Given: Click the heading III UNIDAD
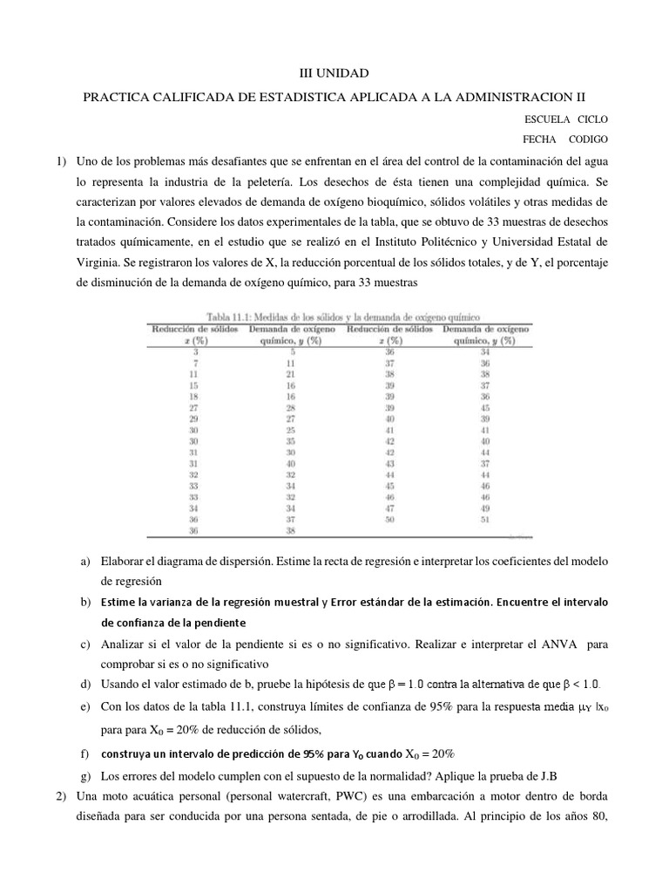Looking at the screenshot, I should pos(334,76).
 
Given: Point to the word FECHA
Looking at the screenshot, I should pos(540,140).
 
